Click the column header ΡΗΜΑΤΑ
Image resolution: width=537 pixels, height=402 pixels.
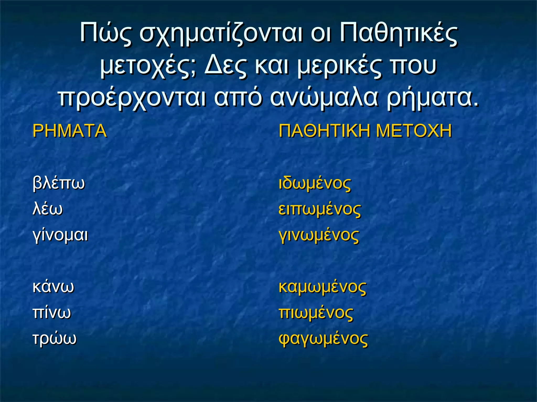69,131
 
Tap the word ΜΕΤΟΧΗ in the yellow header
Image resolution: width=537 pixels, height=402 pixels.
414,131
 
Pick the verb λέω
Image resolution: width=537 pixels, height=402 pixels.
47,209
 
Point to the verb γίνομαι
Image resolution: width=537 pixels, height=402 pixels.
60,235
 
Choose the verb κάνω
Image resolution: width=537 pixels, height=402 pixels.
53,287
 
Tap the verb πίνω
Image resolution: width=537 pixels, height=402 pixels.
52,312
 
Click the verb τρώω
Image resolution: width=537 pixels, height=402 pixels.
54,338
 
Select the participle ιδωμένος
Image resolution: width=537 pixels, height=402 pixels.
315,183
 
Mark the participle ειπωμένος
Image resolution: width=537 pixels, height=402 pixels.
320,209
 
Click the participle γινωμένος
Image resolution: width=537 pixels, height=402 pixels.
319,235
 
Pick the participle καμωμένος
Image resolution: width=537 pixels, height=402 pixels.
322,287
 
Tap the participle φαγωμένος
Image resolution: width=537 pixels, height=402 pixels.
323,339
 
